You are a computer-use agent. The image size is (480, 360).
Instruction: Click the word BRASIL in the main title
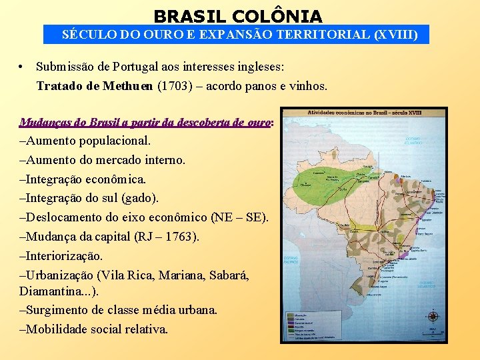pyautogui.click(x=183, y=15)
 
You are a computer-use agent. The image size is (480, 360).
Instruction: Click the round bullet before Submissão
pyautogui.click(x=23, y=67)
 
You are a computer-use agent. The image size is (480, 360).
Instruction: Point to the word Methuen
pyautogui.click(x=126, y=86)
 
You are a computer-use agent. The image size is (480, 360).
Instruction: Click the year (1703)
pyautogui.click(x=175, y=86)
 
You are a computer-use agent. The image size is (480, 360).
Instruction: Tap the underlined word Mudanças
pyautogui.click(x=43, y=123)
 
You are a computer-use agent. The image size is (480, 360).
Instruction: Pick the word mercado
pyautogui.click(x=138, y=160)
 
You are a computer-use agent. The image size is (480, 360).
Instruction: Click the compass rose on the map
pyautogui.click(x=434, y=317)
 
